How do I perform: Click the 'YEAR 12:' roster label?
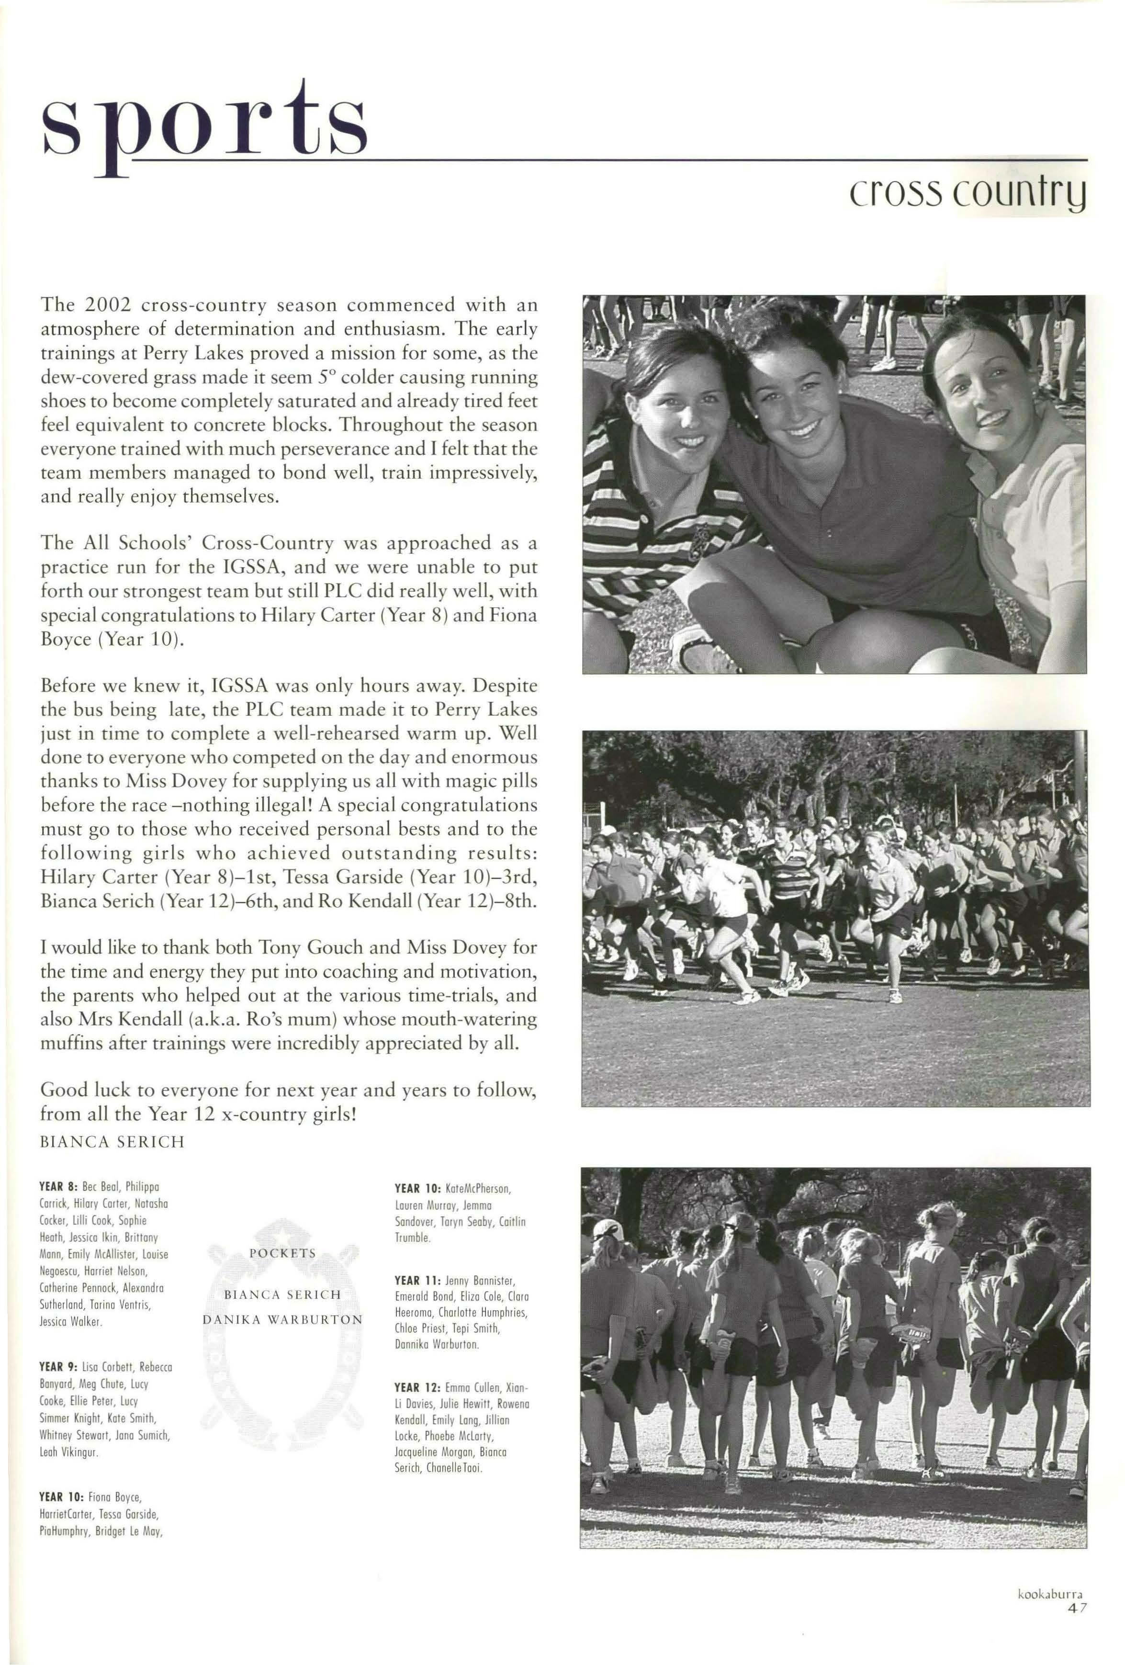pos(417,1387)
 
